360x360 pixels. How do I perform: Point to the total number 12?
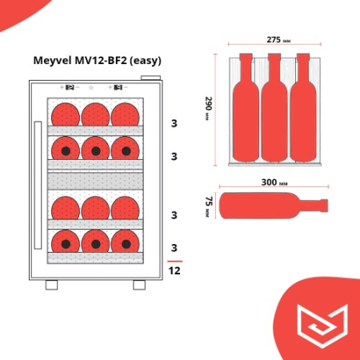pos(174,271)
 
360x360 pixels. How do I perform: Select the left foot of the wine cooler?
pos(51,285)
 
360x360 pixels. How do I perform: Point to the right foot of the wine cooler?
pos(140,285)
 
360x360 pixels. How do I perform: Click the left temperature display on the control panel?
pos(69,87)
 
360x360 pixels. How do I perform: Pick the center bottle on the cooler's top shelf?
pos(96,114)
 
